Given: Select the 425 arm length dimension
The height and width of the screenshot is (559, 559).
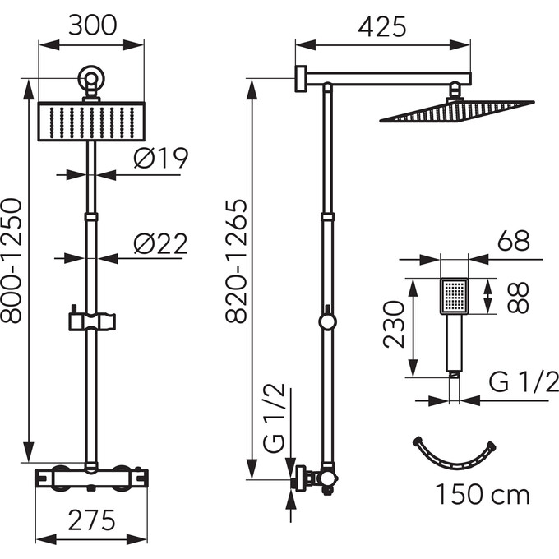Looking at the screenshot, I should pyautogui.click(x=382, y=27).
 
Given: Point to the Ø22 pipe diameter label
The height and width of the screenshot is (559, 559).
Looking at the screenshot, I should pyautogui.click(x=160, y=243).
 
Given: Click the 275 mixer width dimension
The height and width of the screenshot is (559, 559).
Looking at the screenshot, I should pyautogui.click(x=90, y=520).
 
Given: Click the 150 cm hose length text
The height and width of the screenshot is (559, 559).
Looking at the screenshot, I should pyautogui.click(x=483, y=495).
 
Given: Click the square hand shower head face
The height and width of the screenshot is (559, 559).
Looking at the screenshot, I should pyautogui.click(x=454, y=296).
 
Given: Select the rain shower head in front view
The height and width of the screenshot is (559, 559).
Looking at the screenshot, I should pyautogui.click(x=91, y=120).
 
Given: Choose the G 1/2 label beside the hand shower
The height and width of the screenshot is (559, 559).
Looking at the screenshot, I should pyautogui.click(x=524, y=381).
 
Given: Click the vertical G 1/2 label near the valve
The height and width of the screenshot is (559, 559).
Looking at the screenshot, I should pyautogui.click(x=277, y=427).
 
